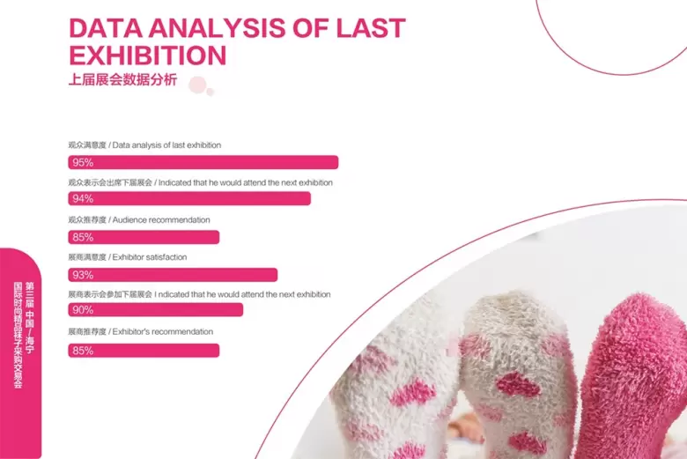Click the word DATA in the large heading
[x=106, y=28]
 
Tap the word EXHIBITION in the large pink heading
[x=148, y=56]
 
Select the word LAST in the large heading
[x=371, y=28]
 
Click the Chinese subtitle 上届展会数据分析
[x=122, y=80]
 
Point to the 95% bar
[x=203, y=162]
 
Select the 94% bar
[x=189, y=198]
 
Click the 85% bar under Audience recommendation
[x=144, y=237]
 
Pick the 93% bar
[x=173, y=275]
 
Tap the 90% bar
[x=156, y=309]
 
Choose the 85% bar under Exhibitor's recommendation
[x=144, y=351]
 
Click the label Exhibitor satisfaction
[x=150, y=257]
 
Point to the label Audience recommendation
[x=161, y=219]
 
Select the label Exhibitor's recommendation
[x=163, y=331]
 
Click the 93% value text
[x=84, y=275]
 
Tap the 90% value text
[x=84, y=310]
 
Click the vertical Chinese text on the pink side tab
[x=24, y=335]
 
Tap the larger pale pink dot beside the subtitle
[x=197, y=85]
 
